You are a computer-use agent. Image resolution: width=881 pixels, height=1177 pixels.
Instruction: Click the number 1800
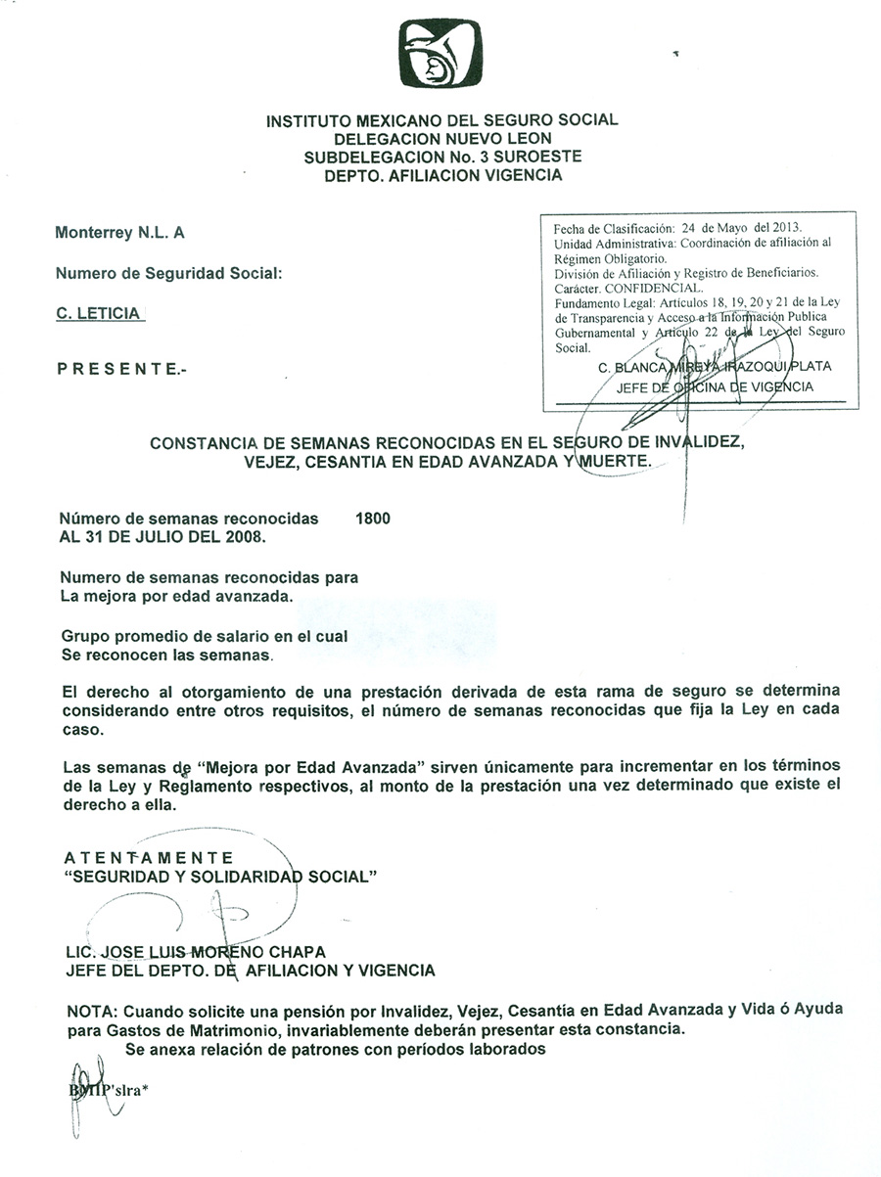(374, 520)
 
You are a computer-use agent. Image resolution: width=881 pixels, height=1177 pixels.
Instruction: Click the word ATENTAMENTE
(148, 858)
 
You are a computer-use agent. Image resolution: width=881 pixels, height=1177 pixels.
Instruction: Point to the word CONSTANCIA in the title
(205, 442)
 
